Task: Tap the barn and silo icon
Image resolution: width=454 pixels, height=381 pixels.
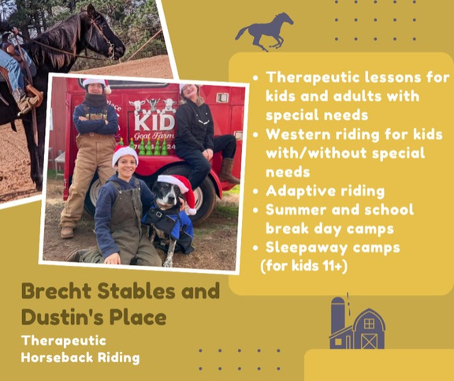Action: tap(357, 323)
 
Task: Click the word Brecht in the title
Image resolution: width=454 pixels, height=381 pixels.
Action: tap(57, 291)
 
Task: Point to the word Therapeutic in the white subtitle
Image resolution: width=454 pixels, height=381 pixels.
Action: tap(64, 342)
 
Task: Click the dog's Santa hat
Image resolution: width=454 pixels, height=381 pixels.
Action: tap(180, 189)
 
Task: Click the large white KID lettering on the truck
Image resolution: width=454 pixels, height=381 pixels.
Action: tap(155, 122)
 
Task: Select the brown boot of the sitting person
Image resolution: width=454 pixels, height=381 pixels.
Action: tap(228, 171)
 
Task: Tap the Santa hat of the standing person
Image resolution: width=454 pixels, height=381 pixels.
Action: tap(97, 84)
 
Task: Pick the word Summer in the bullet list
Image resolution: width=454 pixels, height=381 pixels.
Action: tap(296, 211)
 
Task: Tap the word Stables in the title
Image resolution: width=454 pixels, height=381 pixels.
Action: tap(136, 291)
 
